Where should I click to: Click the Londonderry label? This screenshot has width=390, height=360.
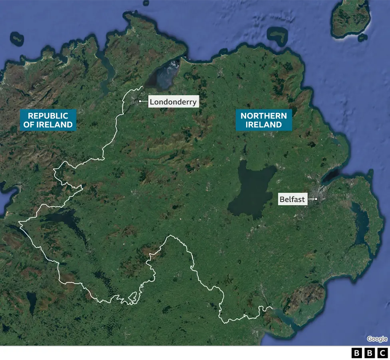[173, 102]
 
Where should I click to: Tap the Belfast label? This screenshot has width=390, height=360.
[292, 199]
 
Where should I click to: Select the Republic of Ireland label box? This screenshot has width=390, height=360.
[48, 120]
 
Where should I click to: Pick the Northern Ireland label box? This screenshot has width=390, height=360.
[263, 120]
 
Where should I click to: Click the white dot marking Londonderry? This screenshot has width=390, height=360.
[140, 101]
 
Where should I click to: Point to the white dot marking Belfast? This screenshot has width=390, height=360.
[316, 199]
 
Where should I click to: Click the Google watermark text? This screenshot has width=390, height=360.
[377, 339]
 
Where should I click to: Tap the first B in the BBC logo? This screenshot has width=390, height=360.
[356, 353]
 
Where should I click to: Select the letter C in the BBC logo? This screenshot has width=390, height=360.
[383, 353]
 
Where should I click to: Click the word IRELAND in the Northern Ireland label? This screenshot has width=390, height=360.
[263, 124]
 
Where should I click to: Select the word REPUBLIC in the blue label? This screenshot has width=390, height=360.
[48, 116]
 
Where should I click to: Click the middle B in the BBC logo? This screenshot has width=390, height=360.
[370, 353]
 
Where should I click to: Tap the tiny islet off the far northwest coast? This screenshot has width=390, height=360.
[17, 38]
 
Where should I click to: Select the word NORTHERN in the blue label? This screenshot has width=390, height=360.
[263, 116]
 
